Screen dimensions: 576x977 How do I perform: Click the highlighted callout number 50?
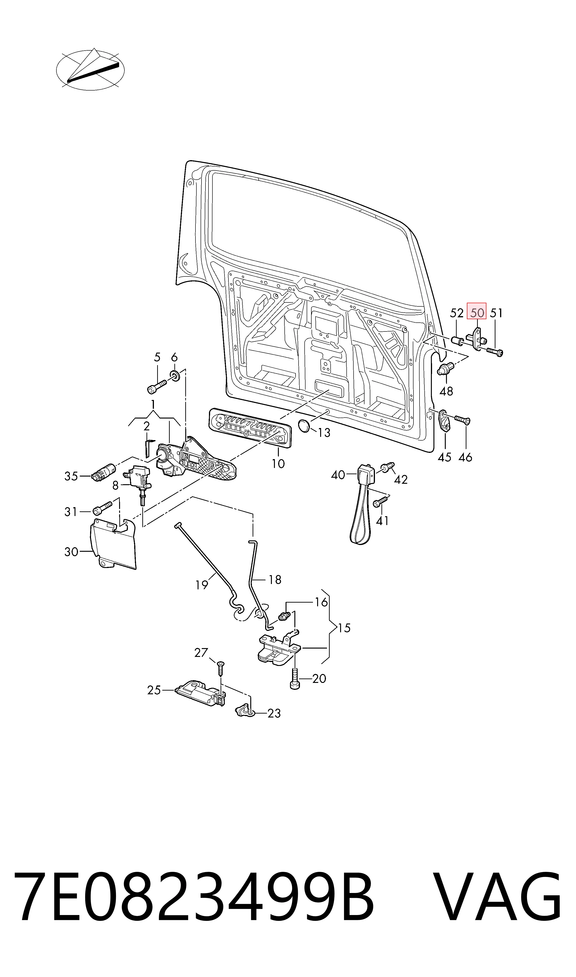(x=477, y=312)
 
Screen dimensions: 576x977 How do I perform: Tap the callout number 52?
(x=457, y=313)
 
